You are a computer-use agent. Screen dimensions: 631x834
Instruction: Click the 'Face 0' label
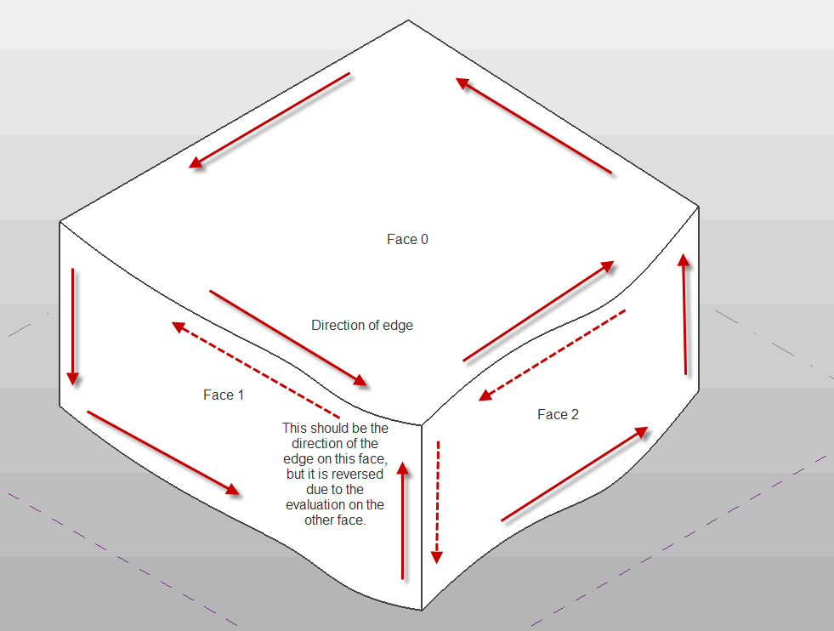pos(407,240)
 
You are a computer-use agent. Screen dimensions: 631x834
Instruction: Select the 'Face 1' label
pos(224,395)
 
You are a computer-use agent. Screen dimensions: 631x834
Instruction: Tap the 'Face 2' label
pos(558,414)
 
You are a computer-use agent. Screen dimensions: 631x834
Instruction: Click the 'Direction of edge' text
pos(362,325)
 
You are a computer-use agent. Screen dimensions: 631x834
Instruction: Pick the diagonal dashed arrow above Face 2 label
pos(552,355)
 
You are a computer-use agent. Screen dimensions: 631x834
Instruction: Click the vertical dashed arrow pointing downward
pos(437,502)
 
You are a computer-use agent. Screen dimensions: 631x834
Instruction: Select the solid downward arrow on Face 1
pos(73,327)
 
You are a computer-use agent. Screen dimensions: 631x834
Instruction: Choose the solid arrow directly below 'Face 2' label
pos(575,474)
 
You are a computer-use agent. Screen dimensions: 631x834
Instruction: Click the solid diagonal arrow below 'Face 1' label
pos(162,452)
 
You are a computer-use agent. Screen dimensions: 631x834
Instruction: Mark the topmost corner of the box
pos(410,20)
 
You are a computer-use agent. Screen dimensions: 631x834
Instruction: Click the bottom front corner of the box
pos(422,610)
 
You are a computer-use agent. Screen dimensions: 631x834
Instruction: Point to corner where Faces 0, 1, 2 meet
pos(423,424)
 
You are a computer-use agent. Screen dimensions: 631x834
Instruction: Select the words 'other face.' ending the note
pos(335,520)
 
